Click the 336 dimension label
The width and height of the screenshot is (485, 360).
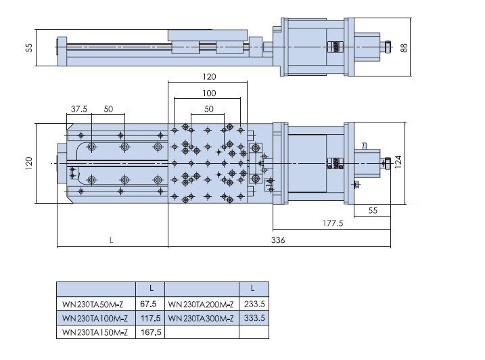click(x=278, y=240)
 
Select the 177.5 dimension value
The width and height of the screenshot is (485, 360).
click(x=333, y=223)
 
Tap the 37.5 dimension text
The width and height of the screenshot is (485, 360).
click(x=79, y=109)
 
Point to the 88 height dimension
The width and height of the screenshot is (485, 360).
click(x=404, y=47)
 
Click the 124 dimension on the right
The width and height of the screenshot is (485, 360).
click(x=398, y=162)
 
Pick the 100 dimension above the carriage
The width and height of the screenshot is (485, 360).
click(x=209, y=93)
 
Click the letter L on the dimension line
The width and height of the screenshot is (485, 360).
click(x=112, y=240)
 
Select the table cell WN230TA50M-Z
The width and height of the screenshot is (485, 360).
click(x=93, y=305)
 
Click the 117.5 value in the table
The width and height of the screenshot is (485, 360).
click(x=150, y=318)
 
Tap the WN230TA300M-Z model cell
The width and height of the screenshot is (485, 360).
click(x=201, y=318)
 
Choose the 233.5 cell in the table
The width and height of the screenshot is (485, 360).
click(x=254, y=304)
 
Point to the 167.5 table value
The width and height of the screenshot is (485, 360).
click(x=151, y=332)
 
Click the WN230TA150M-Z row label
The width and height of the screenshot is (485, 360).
click(x=95, y=332)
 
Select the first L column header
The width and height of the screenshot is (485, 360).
click(x=152, y=288)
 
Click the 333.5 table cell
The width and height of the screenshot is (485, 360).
click(x=254, y=318)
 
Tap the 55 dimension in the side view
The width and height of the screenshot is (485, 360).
click(x=29, y=47)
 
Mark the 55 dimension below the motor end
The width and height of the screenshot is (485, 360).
click(x=373, y=210)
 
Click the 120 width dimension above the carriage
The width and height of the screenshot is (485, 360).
click(x=209, y=76)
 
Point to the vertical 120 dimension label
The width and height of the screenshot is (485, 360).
click(x=29, y=163)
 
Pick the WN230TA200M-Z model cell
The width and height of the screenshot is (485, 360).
click(x=201, y=305)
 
